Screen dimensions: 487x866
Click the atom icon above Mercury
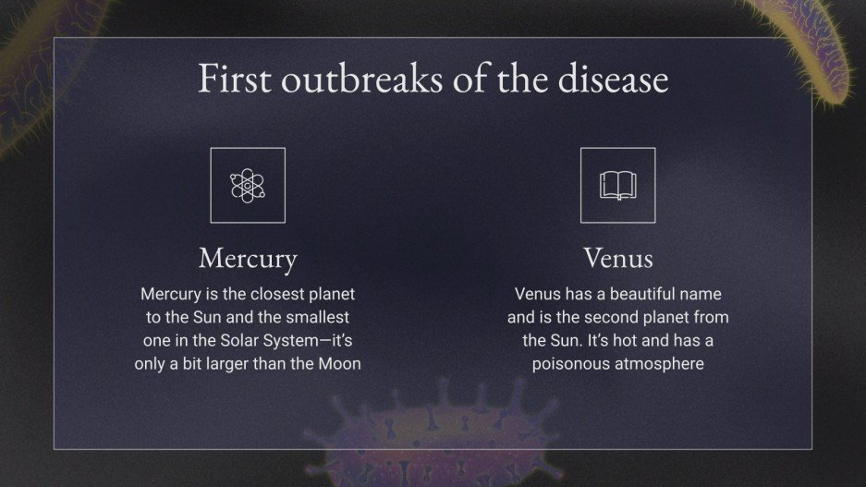248,185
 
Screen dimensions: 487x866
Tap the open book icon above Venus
617,185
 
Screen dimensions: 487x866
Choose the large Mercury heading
248,258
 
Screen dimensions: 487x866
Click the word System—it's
302,340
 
